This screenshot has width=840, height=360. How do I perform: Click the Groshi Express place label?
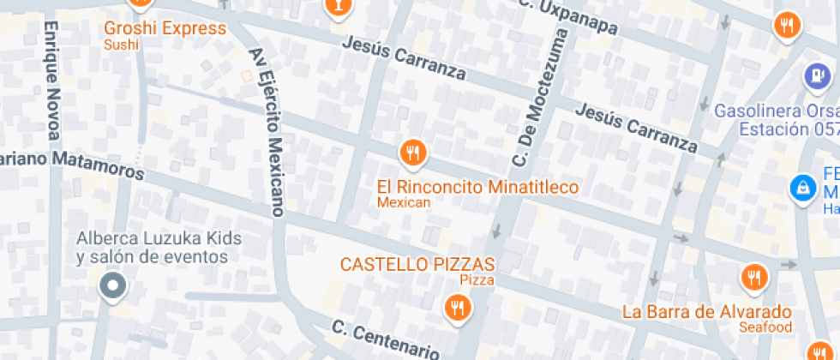165,28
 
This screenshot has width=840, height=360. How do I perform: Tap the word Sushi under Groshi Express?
121,45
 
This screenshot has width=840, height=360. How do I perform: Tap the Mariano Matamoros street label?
72,163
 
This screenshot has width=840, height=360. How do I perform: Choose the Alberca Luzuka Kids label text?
159,238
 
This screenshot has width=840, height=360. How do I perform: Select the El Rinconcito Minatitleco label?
477,187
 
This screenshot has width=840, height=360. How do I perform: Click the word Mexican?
404,203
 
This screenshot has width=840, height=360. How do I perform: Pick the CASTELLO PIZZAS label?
417,264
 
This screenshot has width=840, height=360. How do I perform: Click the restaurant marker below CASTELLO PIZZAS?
458,306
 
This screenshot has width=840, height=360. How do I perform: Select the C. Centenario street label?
386,339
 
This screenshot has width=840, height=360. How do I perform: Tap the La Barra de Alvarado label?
707,311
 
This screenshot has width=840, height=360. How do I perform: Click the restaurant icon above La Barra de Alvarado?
754,276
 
